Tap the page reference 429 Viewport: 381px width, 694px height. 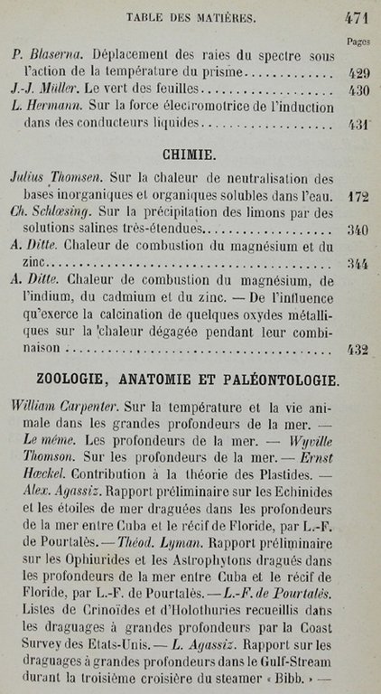[358, 73]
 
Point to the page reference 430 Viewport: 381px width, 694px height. [358, 90]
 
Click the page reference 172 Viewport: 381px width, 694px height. [358, 195]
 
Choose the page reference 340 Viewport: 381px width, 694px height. [358, 230]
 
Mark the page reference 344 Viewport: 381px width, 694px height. [358, 264]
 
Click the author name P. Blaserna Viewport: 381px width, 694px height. [44, 56]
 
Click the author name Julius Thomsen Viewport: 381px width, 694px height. [64, 177]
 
